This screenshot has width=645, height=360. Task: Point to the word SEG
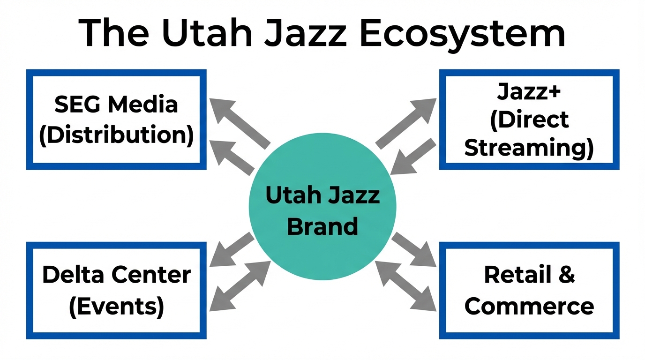tap(76, 104)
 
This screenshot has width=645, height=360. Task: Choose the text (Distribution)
tap(116, 135)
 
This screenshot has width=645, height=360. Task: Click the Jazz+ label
tap(529, 92)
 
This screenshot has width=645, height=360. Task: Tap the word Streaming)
tap(529, 148)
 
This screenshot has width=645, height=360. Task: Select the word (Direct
tap(529, 120)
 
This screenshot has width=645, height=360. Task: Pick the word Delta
tap(71, 274)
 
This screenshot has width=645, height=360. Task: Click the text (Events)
tap(116, 306)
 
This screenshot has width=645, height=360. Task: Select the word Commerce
tap(529, 306)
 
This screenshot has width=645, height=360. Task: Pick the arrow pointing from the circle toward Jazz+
tap(405, 123)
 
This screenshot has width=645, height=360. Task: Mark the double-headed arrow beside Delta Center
tap(240, 286)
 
